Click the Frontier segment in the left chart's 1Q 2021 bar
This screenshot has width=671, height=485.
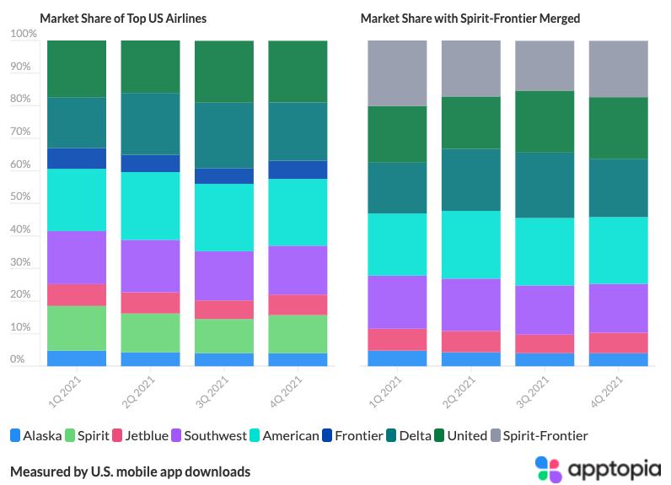pyautogui.click(x=77, y=159)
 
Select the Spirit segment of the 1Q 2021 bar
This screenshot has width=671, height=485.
pyautogui.click(x=77, y=328)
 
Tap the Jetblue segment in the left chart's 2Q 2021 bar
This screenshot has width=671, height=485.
pyautogui.click(x=150, y=303)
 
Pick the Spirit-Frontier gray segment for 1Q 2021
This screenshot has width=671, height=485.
pyautogui.click(x=398, y=73)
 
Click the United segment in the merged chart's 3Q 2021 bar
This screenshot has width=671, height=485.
pyautogui.click(x=545, y=121)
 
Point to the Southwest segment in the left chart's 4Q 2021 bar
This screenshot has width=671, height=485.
pyautogui.click(x=298, y=270)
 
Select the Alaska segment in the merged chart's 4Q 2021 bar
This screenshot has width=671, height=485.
pyautogui.click(x=618, y=359)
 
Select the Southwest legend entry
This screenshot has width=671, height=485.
pyautogui.click(x=207, y=436)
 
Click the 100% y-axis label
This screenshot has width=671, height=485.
pyautogui.click(x=23, y=34)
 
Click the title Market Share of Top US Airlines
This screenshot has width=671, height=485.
pyautogui.click(x=122, y=18)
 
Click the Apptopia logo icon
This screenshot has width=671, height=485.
pyautogui.click(x=548, y=469)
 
